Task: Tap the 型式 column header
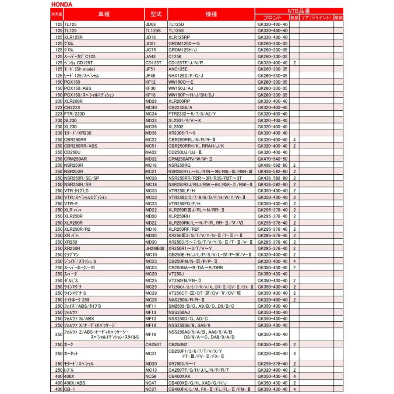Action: (x=155, y=14)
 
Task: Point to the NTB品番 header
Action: (x=299, y=11)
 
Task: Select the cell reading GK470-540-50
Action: (x=272, y=158)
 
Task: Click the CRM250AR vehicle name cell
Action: (x=75, y=158)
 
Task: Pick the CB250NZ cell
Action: (x=178, y=345)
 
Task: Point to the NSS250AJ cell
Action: (x=179, y=313)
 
